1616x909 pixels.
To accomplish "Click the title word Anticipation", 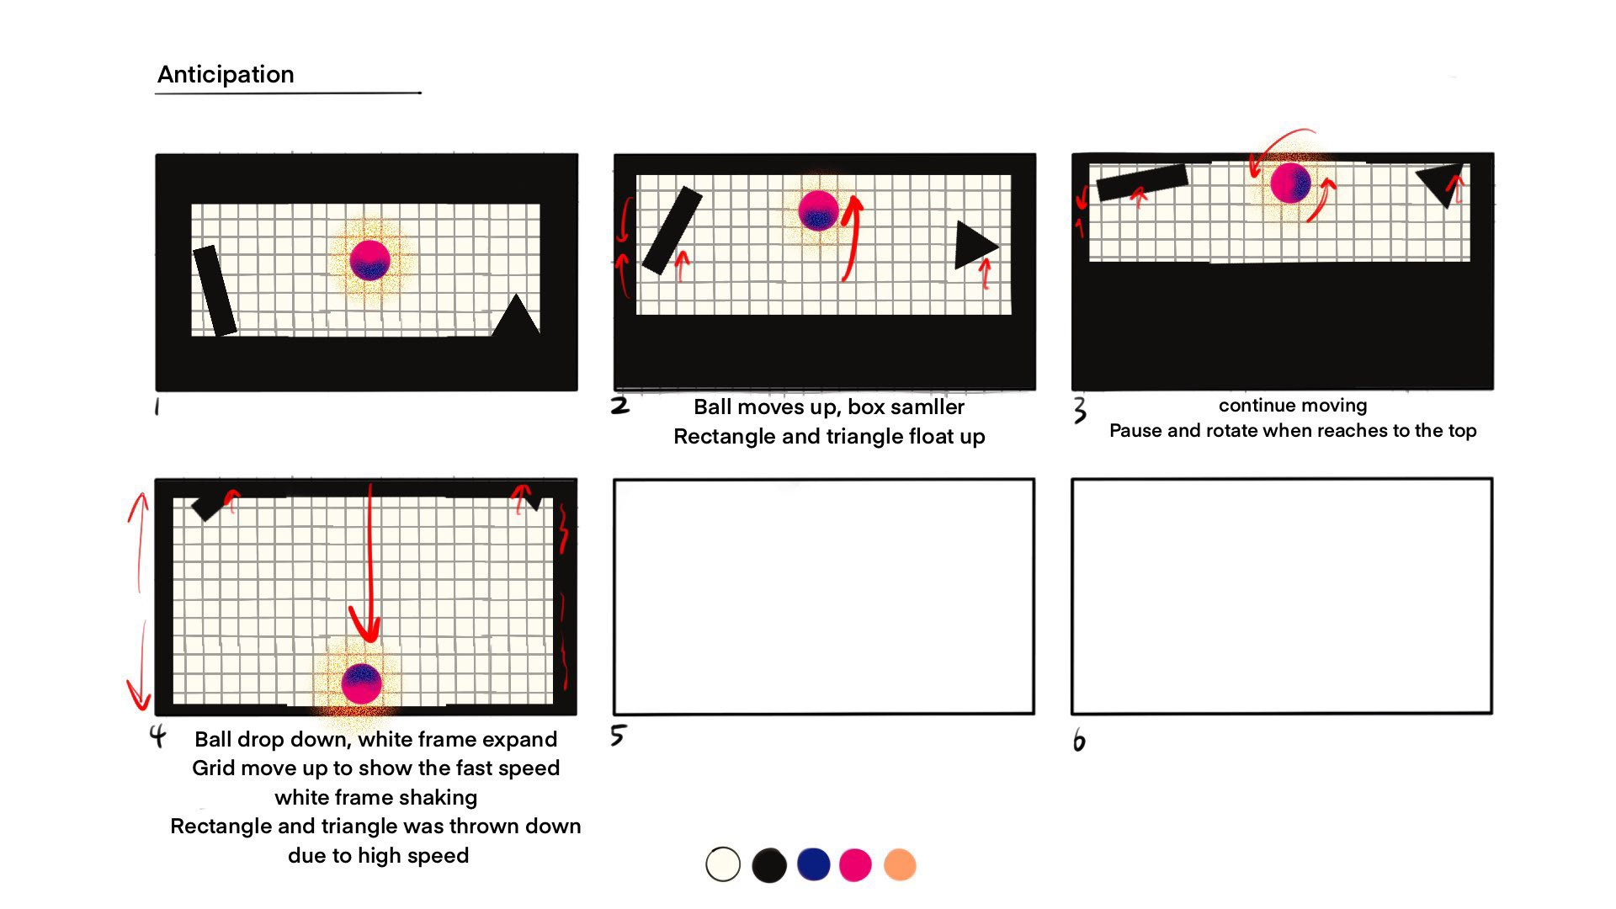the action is pos(226,75).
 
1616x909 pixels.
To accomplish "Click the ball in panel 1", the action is pos(369,259).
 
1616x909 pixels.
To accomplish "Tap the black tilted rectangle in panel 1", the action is pos(215,290).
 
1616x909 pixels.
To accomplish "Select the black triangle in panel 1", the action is pos(516,316).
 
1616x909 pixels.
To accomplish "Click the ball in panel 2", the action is pos(818,210).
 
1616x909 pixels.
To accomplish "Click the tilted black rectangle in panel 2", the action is pos(672,231).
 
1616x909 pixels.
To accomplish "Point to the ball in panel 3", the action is pos(1290,183).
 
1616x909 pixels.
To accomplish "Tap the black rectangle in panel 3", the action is pos(1142,182).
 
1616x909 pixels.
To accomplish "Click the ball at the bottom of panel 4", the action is pos(362,683).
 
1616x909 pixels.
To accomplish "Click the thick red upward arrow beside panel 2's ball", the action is pos(853,237).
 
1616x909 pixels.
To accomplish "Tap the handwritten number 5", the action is pos(618,736).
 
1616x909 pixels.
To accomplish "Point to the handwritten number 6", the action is pos(1079,742).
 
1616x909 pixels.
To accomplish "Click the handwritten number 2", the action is pos(620,406).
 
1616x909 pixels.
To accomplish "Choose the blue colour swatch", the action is pos(813,864).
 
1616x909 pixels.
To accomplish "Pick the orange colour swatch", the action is pos(900,864).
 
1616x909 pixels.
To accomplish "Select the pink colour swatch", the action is pos(855,864).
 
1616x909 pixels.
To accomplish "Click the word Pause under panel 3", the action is pos(1135,431).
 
